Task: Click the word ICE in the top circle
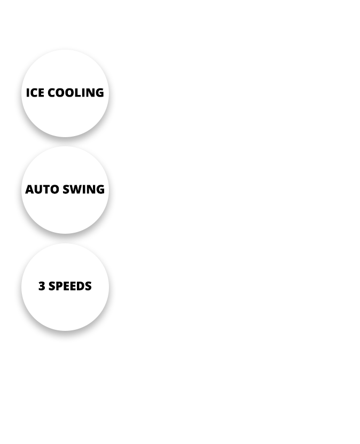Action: (35, 93)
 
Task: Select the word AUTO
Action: (41, 189)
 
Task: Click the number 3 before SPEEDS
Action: (41, 286)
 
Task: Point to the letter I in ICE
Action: (27, 93)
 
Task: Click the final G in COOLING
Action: (99, 93)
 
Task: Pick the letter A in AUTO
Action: (29, 189)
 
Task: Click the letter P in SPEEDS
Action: (59, 286)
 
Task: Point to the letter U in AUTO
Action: (37, 189)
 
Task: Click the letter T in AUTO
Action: (45, 189)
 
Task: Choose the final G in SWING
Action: (100, 189)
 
